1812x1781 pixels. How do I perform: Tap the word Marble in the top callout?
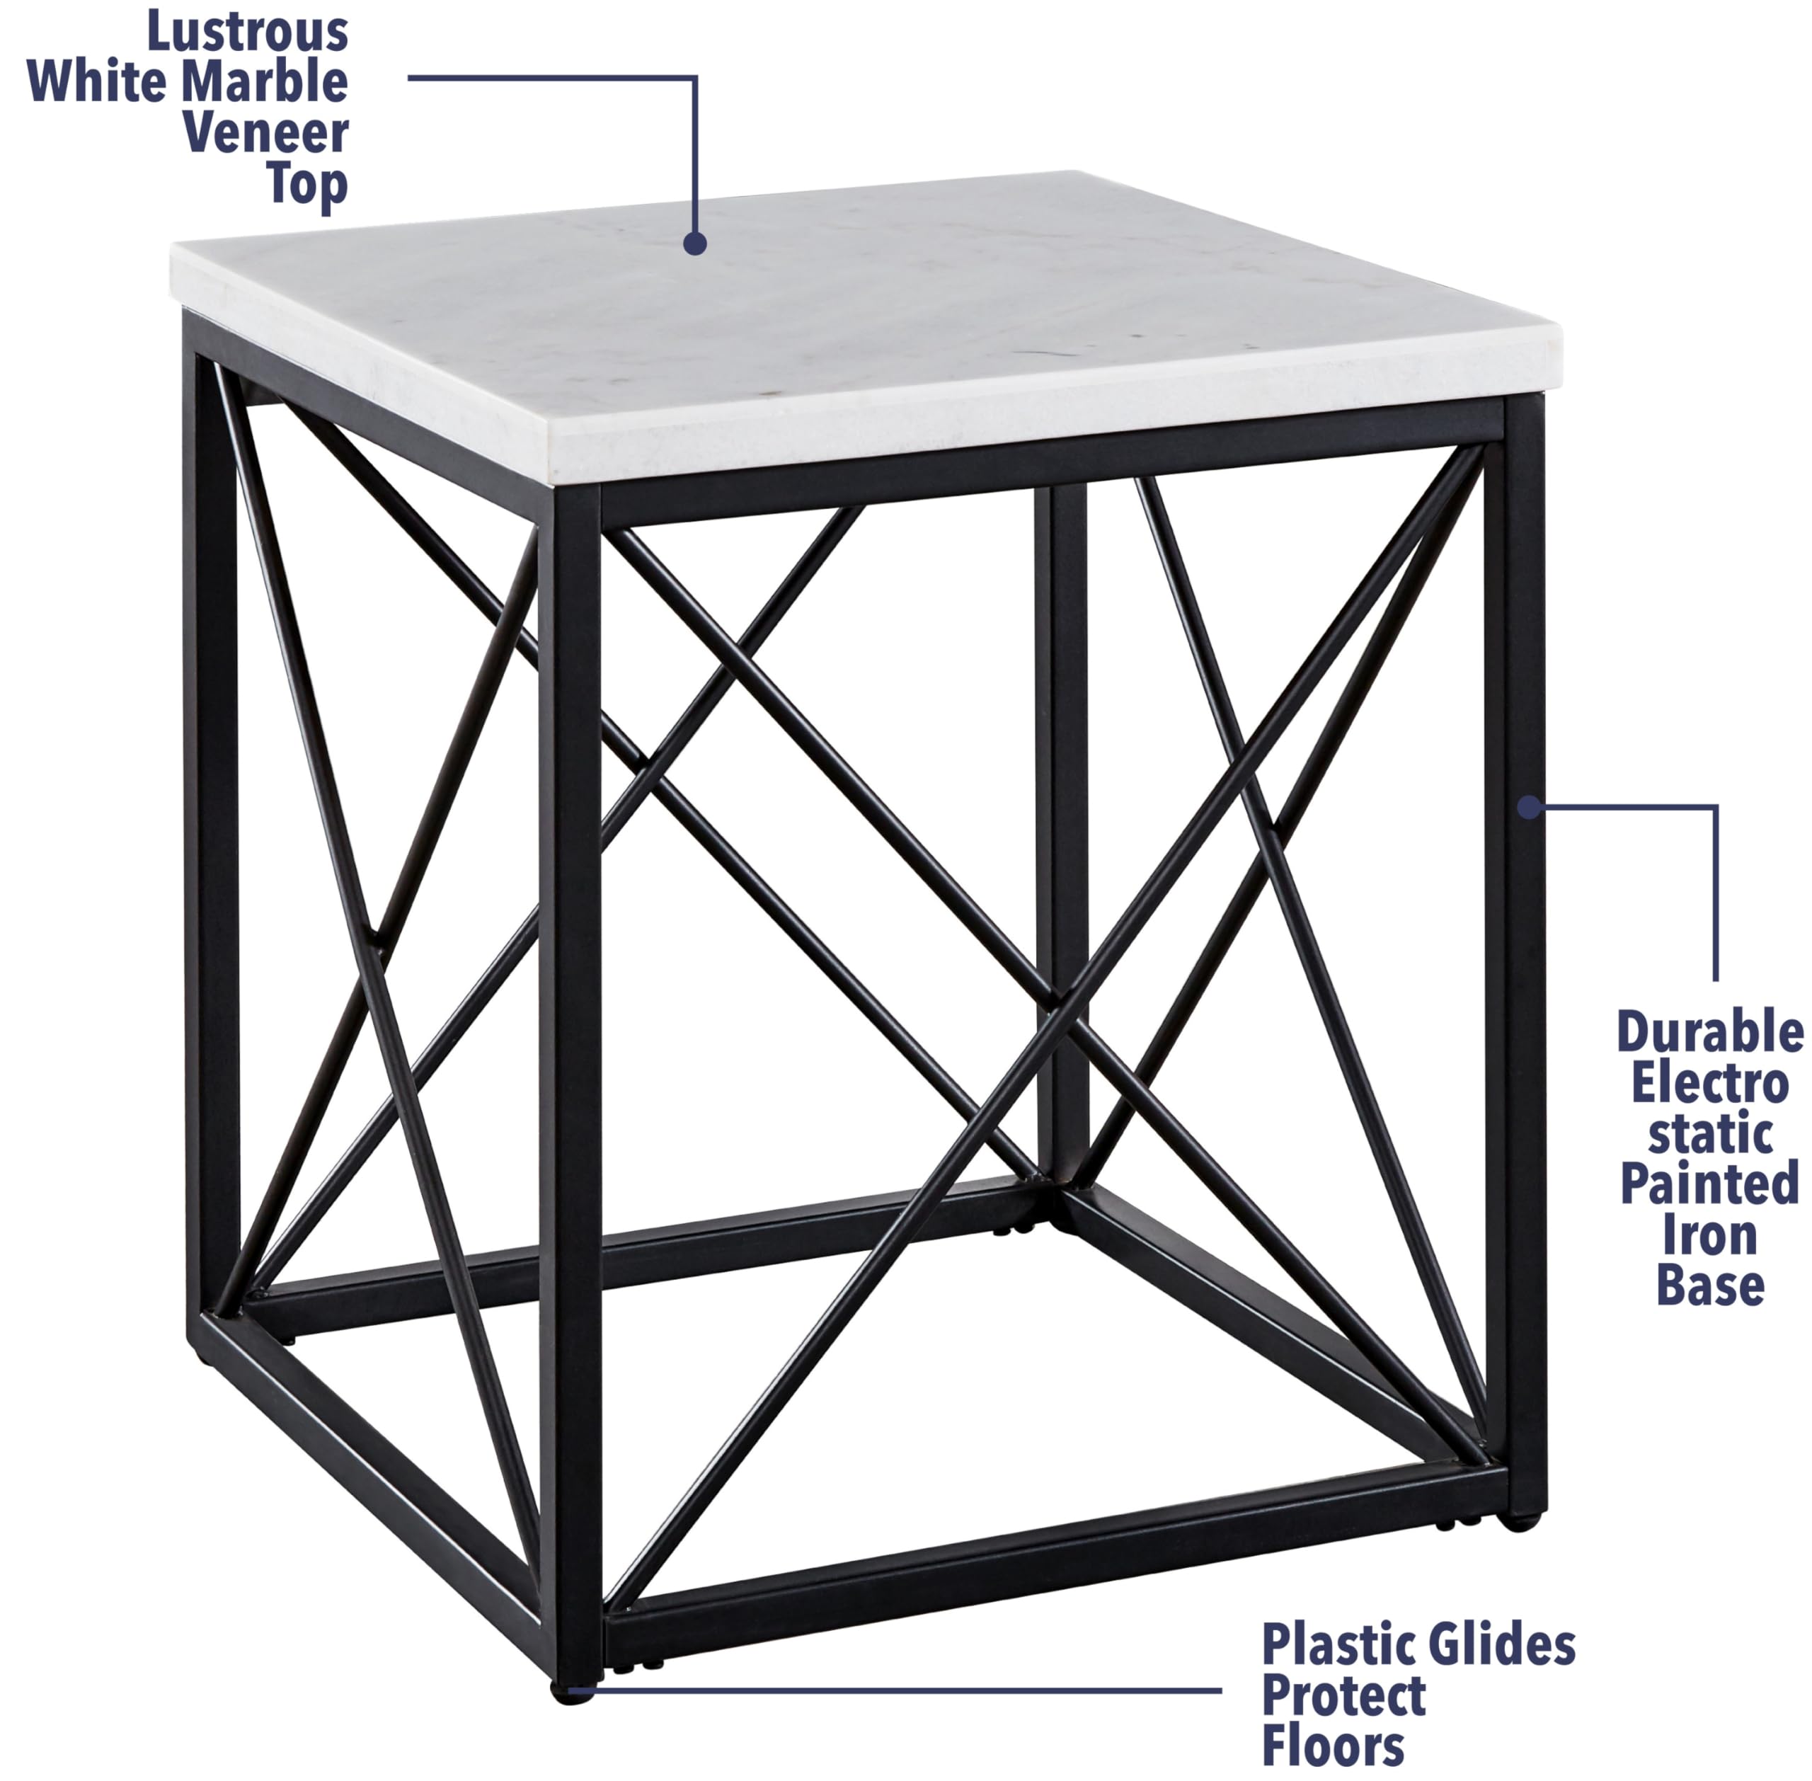267,84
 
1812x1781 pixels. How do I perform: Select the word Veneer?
265,134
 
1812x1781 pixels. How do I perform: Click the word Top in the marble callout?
306,184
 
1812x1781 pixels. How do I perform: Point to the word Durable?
1710,1033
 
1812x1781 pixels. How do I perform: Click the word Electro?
1710,1084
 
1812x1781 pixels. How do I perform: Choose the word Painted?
1710,1184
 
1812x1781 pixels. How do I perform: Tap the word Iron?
1710,1236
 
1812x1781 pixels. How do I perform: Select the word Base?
1710,1286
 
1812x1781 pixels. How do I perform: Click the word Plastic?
1337,1645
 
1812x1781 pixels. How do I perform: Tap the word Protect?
1343,1696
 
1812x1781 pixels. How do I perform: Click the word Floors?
1333,1746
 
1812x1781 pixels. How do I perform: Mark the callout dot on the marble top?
694,244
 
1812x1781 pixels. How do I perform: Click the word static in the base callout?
1710,1135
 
